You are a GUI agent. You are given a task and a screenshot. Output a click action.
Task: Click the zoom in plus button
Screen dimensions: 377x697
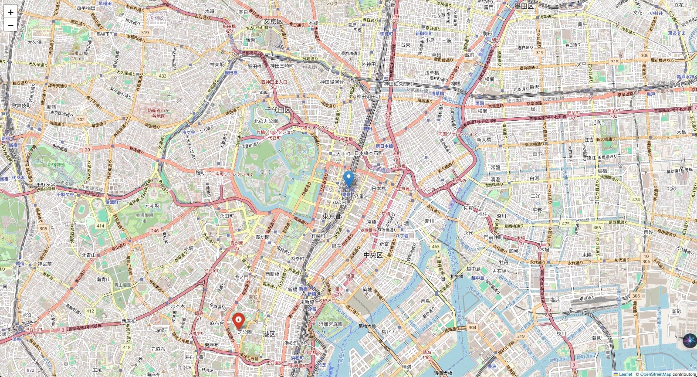[10, 12]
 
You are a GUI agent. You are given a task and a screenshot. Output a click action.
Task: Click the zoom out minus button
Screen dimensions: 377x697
[10, 25]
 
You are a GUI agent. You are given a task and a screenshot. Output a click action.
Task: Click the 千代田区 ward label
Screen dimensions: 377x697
[278, 110]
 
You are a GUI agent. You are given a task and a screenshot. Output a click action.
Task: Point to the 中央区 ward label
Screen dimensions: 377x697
[373, 255]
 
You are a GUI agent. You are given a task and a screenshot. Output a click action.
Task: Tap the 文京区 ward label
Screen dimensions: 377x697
[273, 22]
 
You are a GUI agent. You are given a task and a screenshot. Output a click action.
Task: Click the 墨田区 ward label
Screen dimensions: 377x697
[524, 6]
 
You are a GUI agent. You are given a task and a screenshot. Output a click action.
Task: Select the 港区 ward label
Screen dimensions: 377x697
[269, 334]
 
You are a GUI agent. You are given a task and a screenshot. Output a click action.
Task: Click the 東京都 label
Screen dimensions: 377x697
[332, 217]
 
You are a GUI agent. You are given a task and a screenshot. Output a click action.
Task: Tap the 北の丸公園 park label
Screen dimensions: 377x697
[266, 121]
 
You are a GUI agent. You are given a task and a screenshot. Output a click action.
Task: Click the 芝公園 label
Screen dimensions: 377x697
[244, 332]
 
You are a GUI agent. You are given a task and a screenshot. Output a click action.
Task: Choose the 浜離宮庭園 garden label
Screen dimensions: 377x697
[331, 324]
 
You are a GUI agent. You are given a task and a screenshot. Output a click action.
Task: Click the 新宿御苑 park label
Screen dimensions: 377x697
[55, 165]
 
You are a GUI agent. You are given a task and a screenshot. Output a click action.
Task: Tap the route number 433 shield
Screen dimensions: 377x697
[162, 76]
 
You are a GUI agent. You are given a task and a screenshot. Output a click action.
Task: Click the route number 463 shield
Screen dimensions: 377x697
[436, 247]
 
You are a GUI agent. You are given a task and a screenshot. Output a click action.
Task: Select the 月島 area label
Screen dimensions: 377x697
[425, 301]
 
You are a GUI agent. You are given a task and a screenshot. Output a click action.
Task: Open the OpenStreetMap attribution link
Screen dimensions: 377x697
[655, 374]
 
